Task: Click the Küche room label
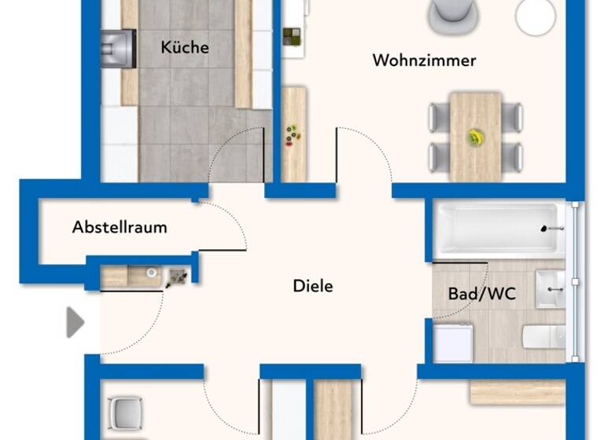pyautogui.click(x=185, y=47)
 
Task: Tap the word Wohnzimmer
pyautogui.click(x=424, y=60)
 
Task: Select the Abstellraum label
pyautogui.click(x=120, y=228)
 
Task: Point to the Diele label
pyautogui.click(x=312, y=286)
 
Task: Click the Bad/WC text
pyautogui.click(x=481, y=294)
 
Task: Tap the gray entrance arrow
pyautogui.click(x=75, y=322)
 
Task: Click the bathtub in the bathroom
pyautogui.click(x=499, y=229)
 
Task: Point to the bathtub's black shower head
pyautogui.click(x=548, y=229)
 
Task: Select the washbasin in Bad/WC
pyautogui.click(x=551, y=288)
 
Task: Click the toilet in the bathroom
pyautogui.click(x=545, y=336)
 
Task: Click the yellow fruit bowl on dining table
pyautogui.click(x=475, y=137)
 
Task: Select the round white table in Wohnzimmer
pyautogui.click(x=536, y=16)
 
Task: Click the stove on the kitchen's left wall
pyautogui.click(x=118, y=48)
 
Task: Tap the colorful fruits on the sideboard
pyautogui.click(x=293, y=134)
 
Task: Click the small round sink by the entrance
pyautogui.click(x=151, y=274)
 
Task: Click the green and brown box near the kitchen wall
pyautogui.click(x=292, y=37)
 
